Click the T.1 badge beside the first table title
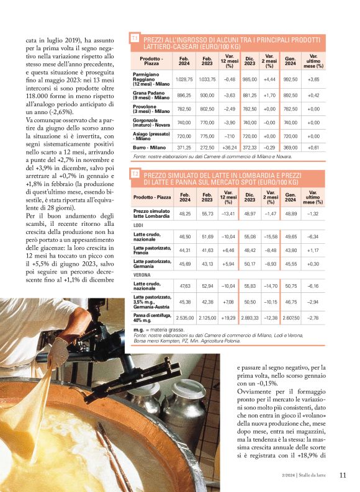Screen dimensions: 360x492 pyautogui.click(x=135, y=39)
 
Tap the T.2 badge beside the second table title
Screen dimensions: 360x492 pyautogui.click(x=135, y=175)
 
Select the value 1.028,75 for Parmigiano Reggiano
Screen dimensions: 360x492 pyautogui.click(x=184, y=79)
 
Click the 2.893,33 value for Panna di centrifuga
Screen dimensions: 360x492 pyautogui.click(x=250, y=318)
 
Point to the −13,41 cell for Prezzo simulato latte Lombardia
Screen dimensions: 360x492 pyautogui.click(x=229, y=213)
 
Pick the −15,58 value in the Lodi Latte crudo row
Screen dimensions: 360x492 pyautogui.click(x=269, y=236)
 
